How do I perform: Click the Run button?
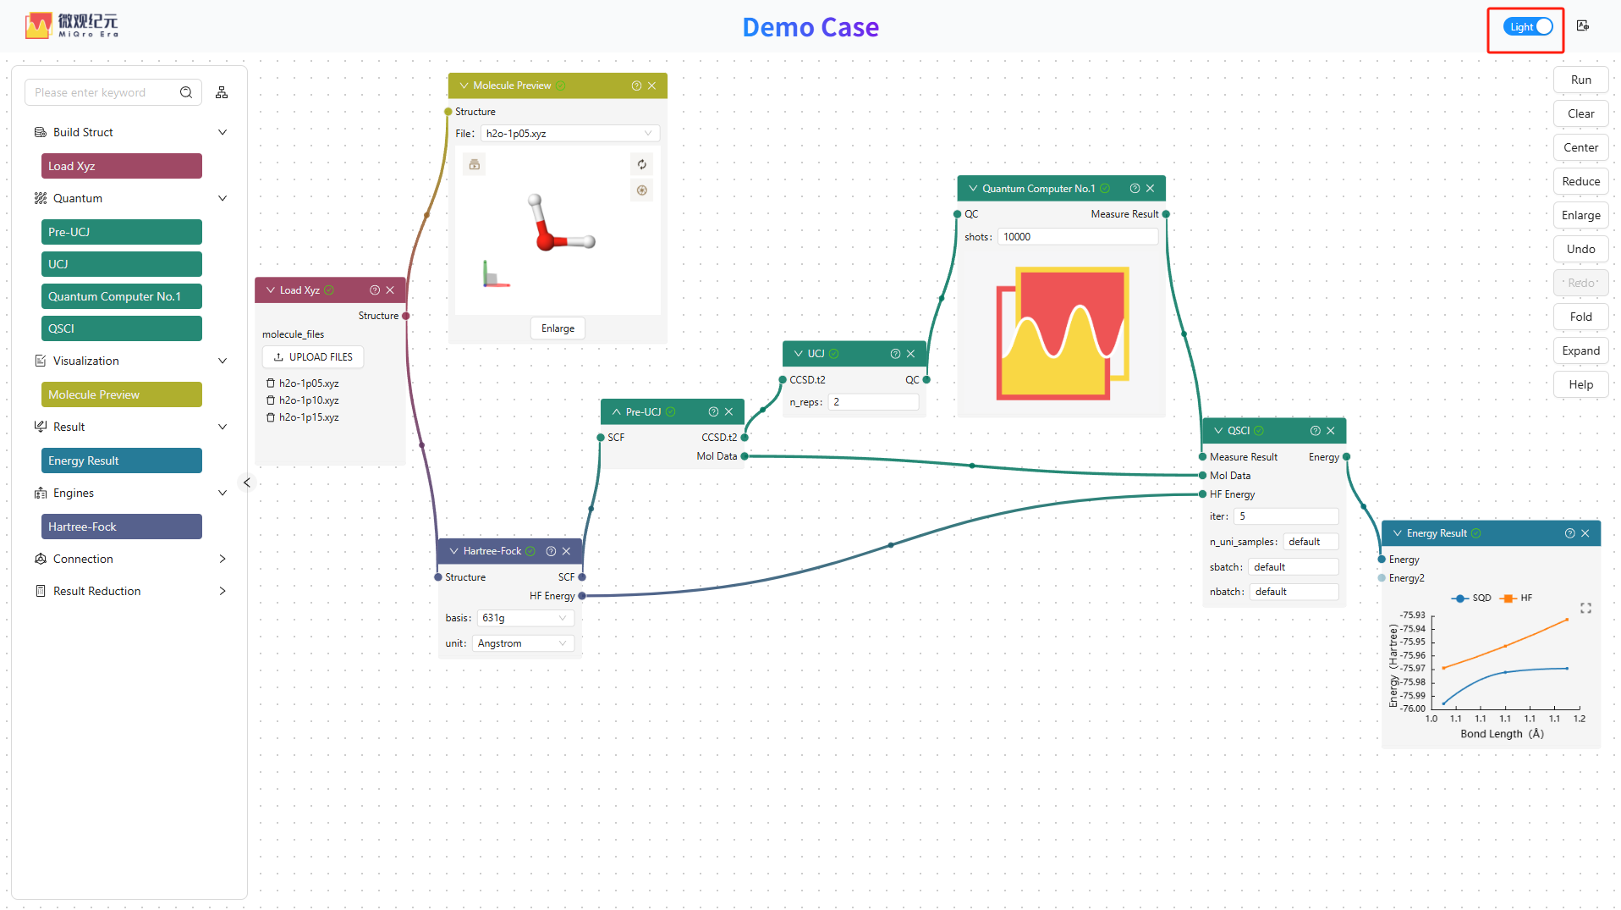tap(1580, 80)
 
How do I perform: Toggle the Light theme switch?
tap(1528, 27)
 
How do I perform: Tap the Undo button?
tap(1580, 249)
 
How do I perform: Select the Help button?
tap(1580, 384)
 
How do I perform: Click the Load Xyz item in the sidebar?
tap(122, 166)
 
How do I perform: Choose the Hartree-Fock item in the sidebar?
tap(122, 527)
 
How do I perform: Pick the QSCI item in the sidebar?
tap(122, 328)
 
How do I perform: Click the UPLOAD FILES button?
tap(313, 357)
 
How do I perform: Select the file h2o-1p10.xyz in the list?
tap(309, 400)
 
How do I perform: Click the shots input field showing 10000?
tap(1078, 237)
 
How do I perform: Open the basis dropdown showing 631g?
tap(525, 618)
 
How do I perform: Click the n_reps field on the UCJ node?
tap(873, 402)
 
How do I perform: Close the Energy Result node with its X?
tap(1585, 533)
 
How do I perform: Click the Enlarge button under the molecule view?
tap(558, 328)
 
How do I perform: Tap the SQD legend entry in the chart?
tap(1472, 598)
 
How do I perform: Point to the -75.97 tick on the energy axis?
tap(1413, 669)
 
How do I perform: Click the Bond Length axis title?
tap(1502, 734)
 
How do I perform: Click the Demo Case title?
tap(810, 27)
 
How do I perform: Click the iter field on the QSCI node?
tap(1286, 516)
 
